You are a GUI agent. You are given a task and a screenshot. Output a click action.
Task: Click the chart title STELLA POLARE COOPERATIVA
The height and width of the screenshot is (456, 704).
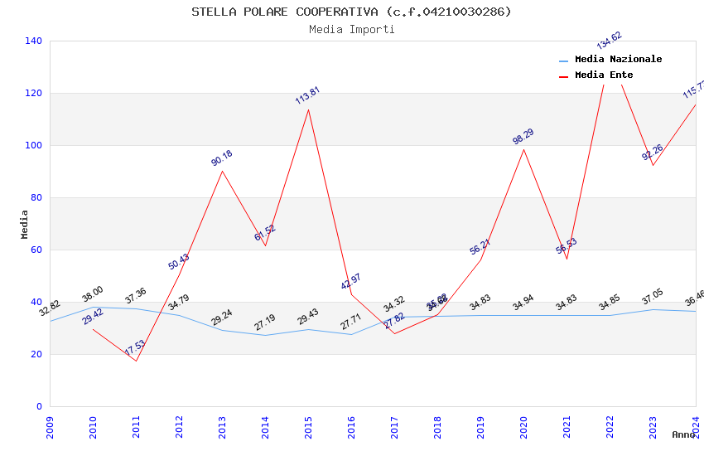[351, 12]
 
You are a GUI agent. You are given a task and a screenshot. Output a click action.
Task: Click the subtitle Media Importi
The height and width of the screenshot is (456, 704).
[351, 29]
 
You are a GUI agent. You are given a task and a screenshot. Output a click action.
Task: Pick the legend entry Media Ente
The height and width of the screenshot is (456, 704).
[603, 75]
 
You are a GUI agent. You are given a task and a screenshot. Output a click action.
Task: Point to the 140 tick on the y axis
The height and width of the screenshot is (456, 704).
[33, 41]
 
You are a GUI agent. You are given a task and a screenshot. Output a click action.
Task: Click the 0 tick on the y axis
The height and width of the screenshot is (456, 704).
[39, 406]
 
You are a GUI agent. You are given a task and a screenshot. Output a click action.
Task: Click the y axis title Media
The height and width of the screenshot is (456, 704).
[24, 224]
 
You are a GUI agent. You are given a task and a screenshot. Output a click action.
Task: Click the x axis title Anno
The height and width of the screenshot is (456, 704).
[683, 434]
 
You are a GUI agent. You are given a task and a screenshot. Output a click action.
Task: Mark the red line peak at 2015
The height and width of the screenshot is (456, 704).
[308, 109]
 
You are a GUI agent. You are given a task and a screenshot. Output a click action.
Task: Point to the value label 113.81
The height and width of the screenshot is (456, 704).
[307, 95]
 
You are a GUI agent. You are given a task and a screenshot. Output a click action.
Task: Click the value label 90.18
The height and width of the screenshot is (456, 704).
[221, 158]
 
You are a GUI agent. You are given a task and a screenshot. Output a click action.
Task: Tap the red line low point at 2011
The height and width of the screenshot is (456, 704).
[136, 361]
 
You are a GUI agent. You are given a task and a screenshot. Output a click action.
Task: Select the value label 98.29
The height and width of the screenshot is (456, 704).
[523, 137]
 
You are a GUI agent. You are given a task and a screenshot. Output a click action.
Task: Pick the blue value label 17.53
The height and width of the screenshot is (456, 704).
[135, 348]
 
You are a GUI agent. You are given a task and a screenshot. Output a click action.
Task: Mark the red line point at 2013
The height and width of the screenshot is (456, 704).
[222, 171]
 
